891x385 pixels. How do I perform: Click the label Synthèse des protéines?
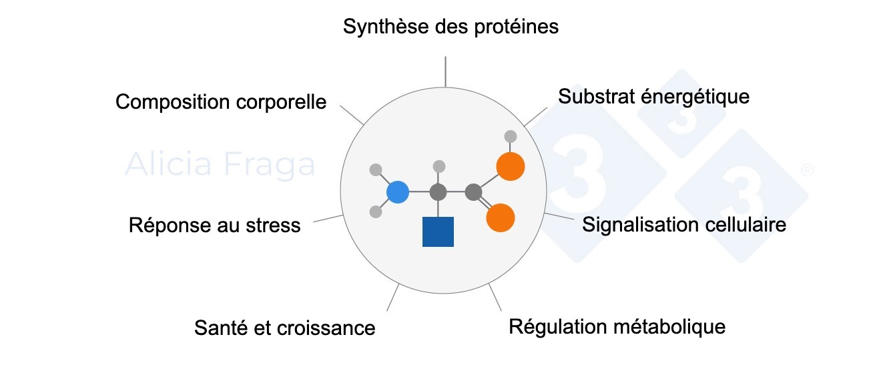coord(451,27)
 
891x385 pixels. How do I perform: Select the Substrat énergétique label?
coord(653,97)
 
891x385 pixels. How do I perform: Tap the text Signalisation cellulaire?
coord(683,224)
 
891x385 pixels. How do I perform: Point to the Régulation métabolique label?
coord(617,327)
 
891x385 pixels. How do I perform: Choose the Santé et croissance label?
coord(284,328)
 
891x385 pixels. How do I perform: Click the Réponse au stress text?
coord(214,226)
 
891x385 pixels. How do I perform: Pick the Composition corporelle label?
coord(221,102)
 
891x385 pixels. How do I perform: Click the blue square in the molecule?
coord(438,232)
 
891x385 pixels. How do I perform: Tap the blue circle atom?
coord(398,192)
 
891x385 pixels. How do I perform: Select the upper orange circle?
coord(511,167)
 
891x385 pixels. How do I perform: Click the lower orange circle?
coord(501,218)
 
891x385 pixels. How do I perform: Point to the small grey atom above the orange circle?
coord(511,137)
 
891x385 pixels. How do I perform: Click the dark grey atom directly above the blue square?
coord(438,193)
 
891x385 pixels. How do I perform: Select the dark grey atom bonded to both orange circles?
coord(474,193)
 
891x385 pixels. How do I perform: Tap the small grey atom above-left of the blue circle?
coord(376,169)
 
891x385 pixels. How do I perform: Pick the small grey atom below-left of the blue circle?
coord(376,212)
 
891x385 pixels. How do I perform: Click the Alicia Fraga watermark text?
coord(220,164)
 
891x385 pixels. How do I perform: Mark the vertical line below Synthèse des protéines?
coord(445,72)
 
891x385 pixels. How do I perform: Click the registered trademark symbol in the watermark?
coord(807,170)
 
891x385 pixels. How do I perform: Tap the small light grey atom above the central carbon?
coord(438,166)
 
